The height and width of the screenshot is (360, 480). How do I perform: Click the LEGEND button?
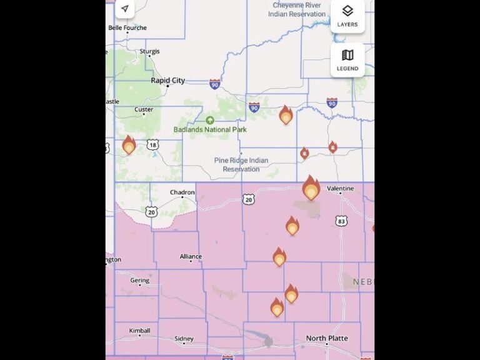pyautogui.click(x=347, y=59)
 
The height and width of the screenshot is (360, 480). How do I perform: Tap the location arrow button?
pyautogui.click(x=125, y=9)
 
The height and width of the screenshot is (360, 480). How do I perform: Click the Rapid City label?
pyautogui.click(x=167, y=81)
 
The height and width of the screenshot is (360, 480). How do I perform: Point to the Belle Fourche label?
pyautogui.click(x=127, y=28)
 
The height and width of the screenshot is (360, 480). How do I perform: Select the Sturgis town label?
pyautogui.click(x=149, y=51)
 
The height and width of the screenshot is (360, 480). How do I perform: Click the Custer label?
pyautogui.click(x=144, y=110)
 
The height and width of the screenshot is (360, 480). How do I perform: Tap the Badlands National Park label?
pyautogui.click(x=210, y=129)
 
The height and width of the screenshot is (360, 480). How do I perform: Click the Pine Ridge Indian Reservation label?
pyautogui.click(x=241, y=164)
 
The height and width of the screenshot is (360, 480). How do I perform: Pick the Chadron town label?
pyautogui.click(x=182, y=192)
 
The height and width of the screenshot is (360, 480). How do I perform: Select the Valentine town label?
pyautogui.click(x=341, y=188)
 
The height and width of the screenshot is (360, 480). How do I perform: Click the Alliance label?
pyautogui.click(x=191, y=257)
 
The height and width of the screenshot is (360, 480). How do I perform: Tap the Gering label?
pyautogui.click(x=140, y=281)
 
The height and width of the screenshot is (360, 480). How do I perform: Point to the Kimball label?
pyautogui.click(x=139, y=331)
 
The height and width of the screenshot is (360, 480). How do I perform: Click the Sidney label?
pyautogui.click(x=184, y=339)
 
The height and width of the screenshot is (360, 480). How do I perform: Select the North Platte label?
pyautogui.click(x=327, y=338)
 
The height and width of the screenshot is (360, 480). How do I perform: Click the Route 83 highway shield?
pyautogui.click(x=341, y=221)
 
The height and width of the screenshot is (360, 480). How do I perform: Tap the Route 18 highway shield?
pyautogui.click(x=152, y=145)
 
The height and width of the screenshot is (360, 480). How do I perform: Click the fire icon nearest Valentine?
pyautogui.click(x=311, y=188)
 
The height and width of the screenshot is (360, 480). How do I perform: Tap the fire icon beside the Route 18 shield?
pyautogui.click(x=129, y=146)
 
